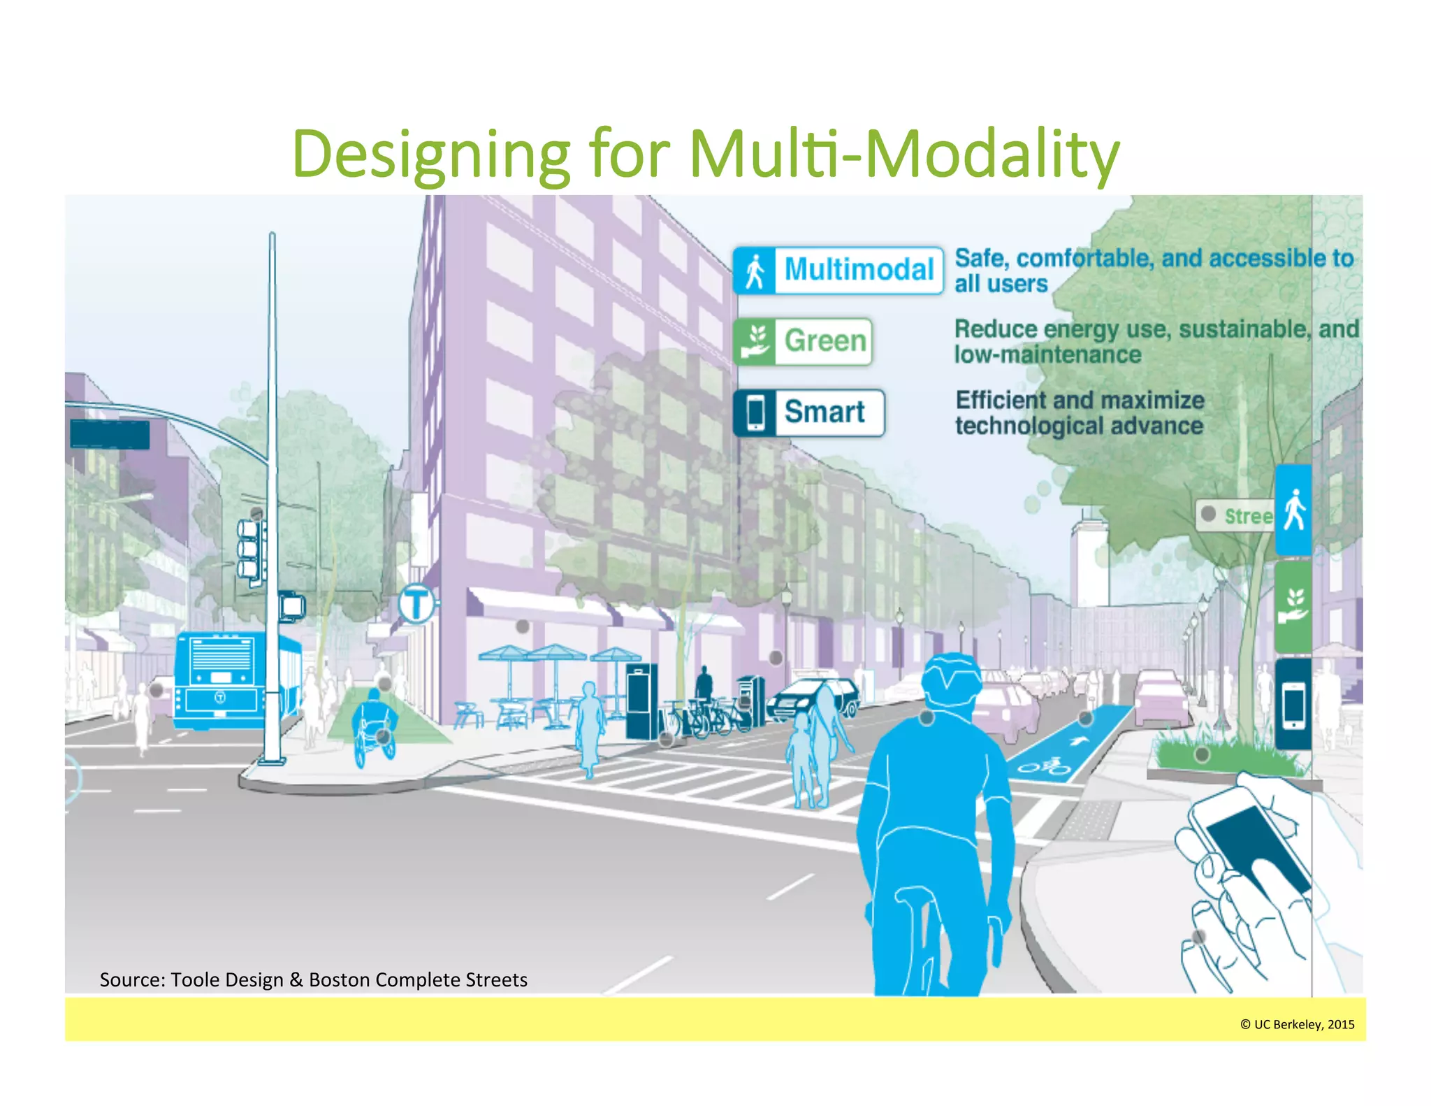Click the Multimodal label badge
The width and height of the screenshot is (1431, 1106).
(x=838, y=270)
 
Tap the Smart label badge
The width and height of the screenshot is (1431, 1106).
(x=808, y=412)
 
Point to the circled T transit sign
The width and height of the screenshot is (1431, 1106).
(x=417, y=603)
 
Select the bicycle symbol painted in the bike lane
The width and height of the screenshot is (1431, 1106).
(x=1045, y=768)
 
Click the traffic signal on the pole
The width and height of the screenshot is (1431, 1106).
(x=249, y=550)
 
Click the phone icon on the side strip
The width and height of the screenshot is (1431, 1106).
(x=1293, y=703)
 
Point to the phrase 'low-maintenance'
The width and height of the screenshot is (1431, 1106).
(x=1047, y=355)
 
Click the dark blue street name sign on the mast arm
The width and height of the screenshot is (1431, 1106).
(x=110, y=434)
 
